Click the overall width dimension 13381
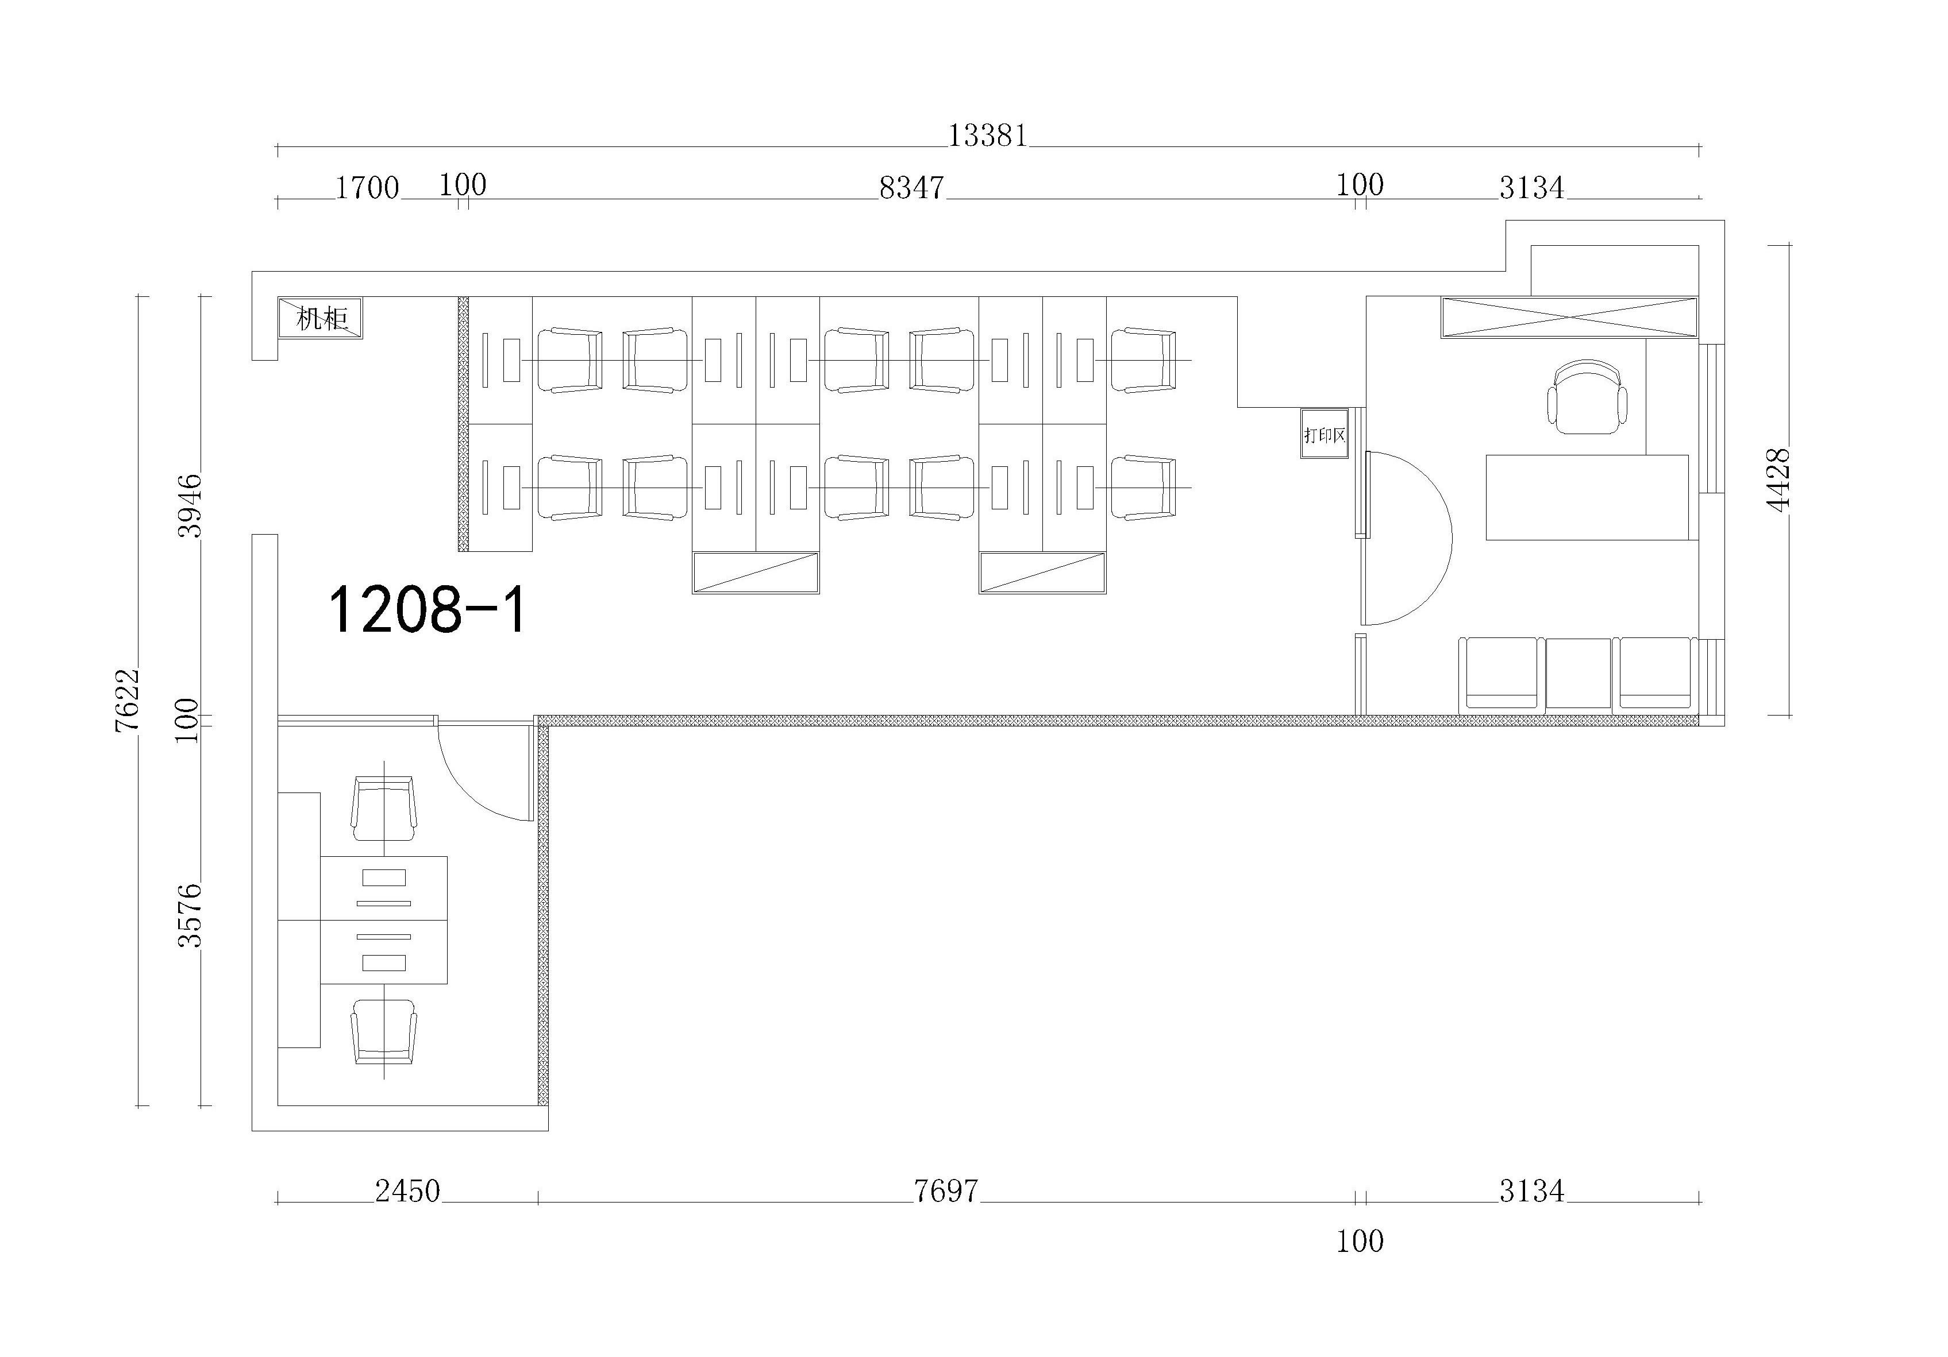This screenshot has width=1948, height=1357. (x=988, y=136)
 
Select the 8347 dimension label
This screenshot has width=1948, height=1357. (x=911, y=187)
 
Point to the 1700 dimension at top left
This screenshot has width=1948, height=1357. (x=367, y=187)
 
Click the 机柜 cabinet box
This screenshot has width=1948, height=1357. (x=320, y=318)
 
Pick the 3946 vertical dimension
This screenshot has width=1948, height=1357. (x=190, y=505)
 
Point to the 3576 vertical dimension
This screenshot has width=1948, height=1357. (x=190, y=915)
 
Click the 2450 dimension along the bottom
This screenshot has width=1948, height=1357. (x=407, y=1192)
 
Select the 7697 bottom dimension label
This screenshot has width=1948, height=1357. (x=946, y=1192)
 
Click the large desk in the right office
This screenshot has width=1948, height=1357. (x=1587, y=497)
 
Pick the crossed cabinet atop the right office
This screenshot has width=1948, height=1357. (x=1569, y=318)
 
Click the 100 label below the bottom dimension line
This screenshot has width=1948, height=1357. (x=1360, y=1242)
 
